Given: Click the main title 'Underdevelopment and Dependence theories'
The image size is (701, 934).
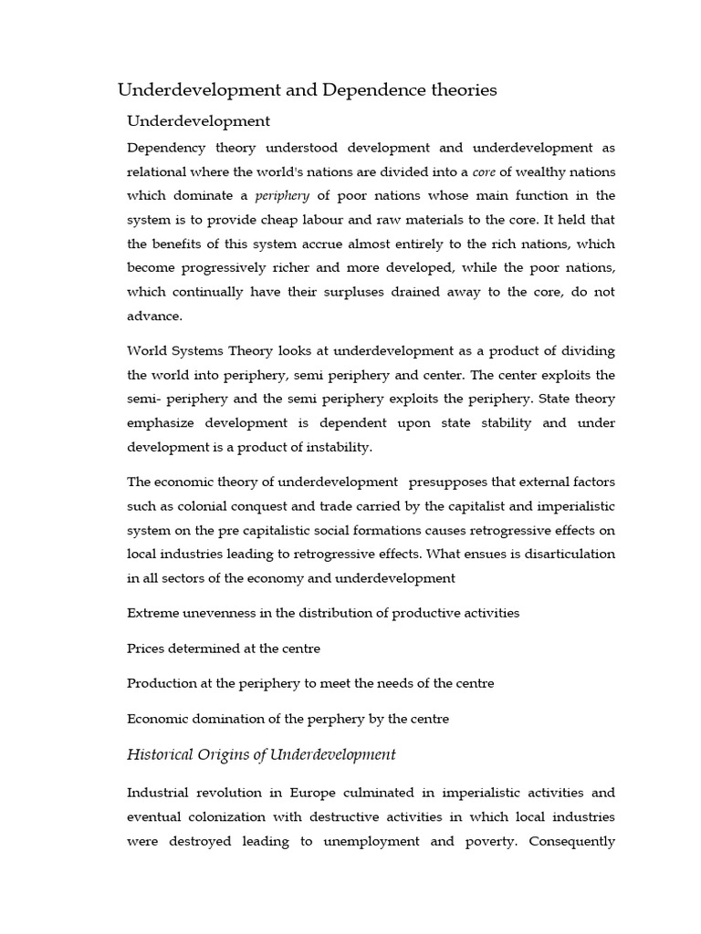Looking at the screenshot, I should pos(308,89).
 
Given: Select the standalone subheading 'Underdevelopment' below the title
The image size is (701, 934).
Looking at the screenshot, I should pos(198,120).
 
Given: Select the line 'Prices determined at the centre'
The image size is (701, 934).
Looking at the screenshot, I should pos(224,649).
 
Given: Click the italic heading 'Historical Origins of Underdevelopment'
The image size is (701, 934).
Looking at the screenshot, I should pos(261,754).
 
